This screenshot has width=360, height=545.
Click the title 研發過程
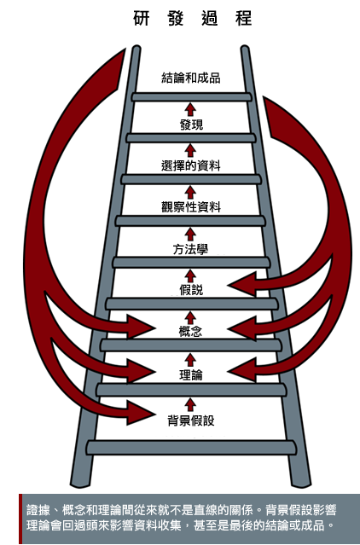tap(192, 19)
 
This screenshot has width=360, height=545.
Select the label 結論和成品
tap(191, 78)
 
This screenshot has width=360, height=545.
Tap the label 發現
tap(191, 125)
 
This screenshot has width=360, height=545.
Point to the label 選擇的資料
tap(191, 165)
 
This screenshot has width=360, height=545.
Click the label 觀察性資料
tap(191, 207)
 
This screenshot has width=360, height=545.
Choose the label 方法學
tap(190, 249)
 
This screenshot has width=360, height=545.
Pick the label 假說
tap(191, 289)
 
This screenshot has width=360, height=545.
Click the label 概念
tap(190, 331)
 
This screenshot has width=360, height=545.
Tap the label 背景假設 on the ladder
tap(191, 420)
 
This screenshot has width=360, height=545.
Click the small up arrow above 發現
tap(190, 109)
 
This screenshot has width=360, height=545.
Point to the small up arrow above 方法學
tap(190, 235)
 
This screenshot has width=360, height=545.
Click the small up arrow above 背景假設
tap(190, 405)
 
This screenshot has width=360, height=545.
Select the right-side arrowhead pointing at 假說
tap(242, 284)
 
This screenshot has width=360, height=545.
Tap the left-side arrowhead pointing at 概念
tap(141, 327)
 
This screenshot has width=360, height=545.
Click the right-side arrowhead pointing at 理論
tap(242, 370)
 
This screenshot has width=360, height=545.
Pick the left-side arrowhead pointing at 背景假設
tap(141, 413)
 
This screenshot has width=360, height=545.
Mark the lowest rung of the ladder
tap(191, 448)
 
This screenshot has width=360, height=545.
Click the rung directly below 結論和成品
tap(191, 97)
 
